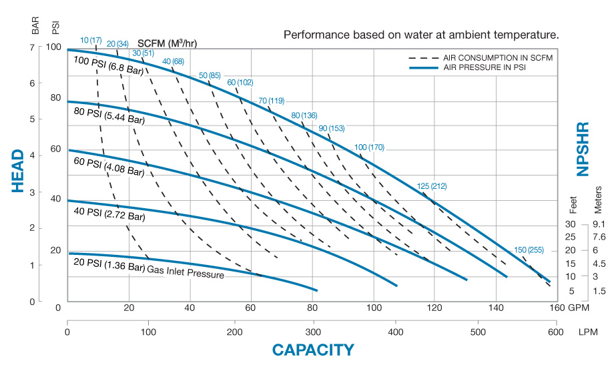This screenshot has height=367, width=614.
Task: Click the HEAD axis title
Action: pyautogui.click(x=18, y=171)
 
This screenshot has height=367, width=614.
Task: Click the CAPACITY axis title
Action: pyautogui.click(x=312, y=349)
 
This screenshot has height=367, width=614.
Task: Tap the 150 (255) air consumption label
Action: pyautogui.click(x=529, y=250)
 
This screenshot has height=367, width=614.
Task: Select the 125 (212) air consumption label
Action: pyautogui.click(x=432, y=186)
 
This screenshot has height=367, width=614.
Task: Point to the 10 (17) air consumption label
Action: pyautogui.click(x=90, y=40)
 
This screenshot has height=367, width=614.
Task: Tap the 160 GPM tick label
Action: pyautogui.click(x=561, y=308)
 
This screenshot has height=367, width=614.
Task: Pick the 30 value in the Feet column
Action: pyautogui.click(x=570, y=224)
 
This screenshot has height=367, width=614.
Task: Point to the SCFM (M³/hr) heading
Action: pyautogui.click(x=172, y=44)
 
